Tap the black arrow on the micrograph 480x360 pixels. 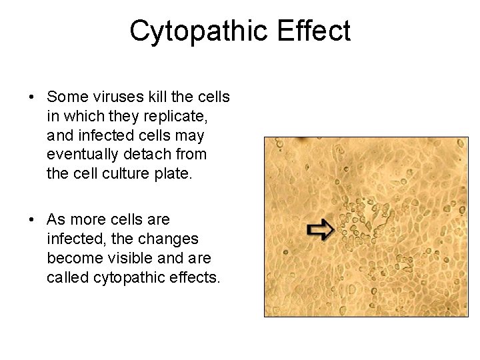coord(320,230)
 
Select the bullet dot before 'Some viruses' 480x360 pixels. coord(32,97)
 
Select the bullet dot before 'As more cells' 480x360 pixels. coord(32,220)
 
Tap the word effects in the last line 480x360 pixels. coord(194,277)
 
